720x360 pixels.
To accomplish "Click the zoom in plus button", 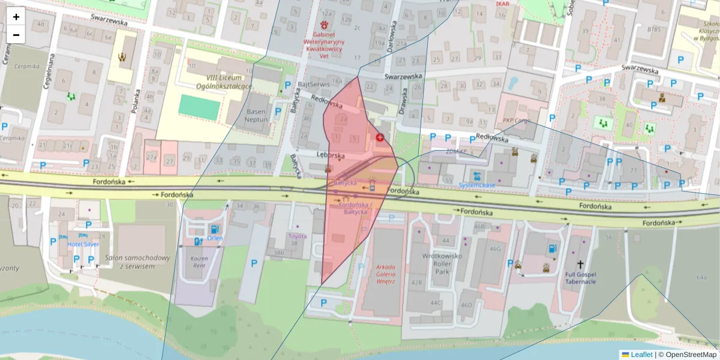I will point(16,16).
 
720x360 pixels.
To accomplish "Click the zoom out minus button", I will point(16,35).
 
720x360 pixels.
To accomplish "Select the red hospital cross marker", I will point(379,137).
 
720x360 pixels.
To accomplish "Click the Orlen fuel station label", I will point(215,237).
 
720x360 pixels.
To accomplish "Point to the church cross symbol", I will point(580,264).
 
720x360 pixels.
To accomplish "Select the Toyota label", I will point(297,236).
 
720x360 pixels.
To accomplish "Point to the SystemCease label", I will point(478,185).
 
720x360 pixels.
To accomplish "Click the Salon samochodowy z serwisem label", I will point(135,262).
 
